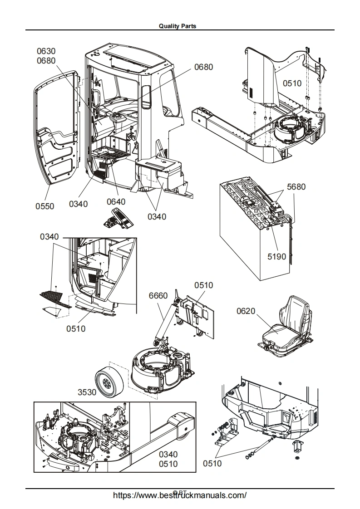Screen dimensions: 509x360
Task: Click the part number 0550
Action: coord(45,206)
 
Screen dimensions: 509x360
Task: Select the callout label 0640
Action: coord(116,201)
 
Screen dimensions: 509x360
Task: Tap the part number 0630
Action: coord(46,51)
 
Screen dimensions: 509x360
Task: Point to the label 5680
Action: coord(296,186)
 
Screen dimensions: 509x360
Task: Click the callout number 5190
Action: coord(276,256)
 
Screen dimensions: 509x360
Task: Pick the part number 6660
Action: coord(158,295)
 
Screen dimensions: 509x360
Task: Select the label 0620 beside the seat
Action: coord(246,311)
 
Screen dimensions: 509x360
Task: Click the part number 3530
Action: coord(87,392)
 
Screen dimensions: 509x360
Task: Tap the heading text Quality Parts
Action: coord(178,26)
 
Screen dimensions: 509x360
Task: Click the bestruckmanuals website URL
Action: coord(179,495)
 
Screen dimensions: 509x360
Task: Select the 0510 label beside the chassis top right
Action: coord(292,83)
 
